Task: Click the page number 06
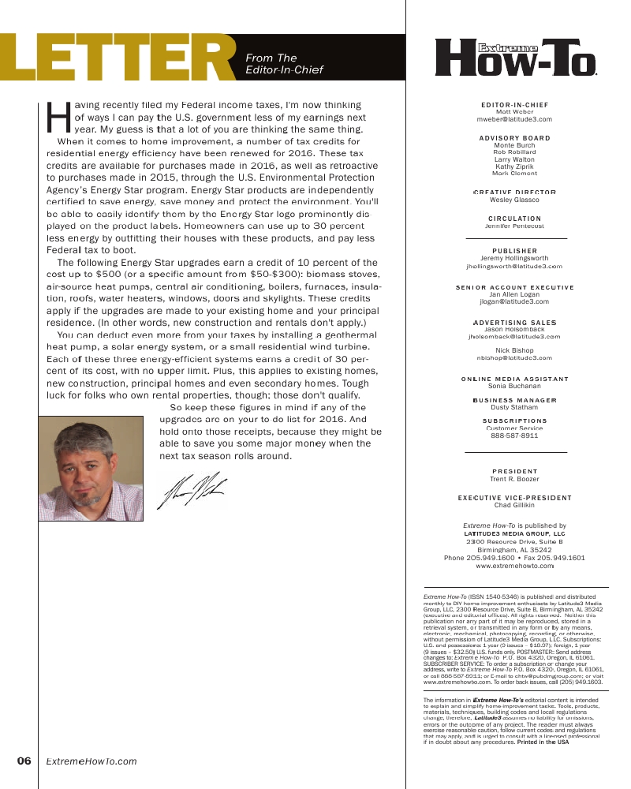pyautogui.click(x=24, y=761)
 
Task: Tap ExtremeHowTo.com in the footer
pyautogui.click(x=91, y=761)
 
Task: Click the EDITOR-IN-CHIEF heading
pyautogui.click(x=515, y=105)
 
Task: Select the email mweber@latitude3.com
pyautogui.click(x=515, y=119)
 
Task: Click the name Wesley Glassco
pyautogui.click(x=515, y=200)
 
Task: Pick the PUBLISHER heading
pyautogui.click(x=515, y=251)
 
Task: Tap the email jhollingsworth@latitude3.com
pyautogui.click(x=515, y=267)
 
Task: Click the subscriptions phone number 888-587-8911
pyautogui.click(x=515, y=435)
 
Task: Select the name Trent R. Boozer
pyautogui.click(x=515, y=479)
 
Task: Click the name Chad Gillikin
pyautogui.click(x=515, y=505)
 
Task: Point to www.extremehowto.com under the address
pyautogui.click(x=515, y=566)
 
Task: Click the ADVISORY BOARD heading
pyautogui.click(x=515, y=138)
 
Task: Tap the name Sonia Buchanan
pyautogui.click(x=515, y=386)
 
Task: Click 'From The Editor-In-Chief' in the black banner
pyautogui.click(x=285, y=64)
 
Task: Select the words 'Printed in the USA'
pyautogui.click(x=543, y=742)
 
